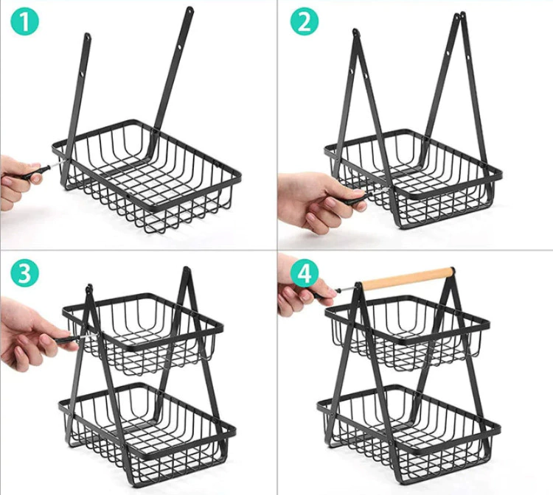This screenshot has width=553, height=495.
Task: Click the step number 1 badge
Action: pyautogui.click(x=24, y=21)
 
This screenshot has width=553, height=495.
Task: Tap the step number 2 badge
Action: pyautogui.click(x=305, y=21)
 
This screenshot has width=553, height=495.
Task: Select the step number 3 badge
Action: pyautogui.click(x=24, y=273)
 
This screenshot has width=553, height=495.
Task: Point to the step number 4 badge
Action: pyautogui.click(x=305, y=273)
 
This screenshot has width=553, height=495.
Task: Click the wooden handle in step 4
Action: pyautogui.click(x=408, y=278)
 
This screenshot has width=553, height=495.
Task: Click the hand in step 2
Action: pyautogui.click(x=317, y=201)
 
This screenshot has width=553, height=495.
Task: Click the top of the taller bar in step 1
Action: pyautogui.click(x=189, y=9)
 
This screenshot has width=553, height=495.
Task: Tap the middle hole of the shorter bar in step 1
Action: pyautogui.click(x=82, y=75)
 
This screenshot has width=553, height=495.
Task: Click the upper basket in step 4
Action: pyautogui.click(x=408, y=333)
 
